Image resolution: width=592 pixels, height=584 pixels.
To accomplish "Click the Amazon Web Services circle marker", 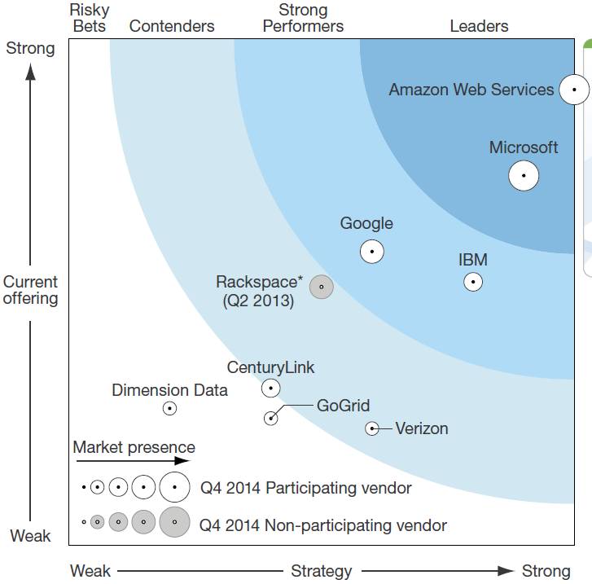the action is [x=574, y=90].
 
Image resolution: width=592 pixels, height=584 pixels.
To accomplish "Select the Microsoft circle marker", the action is [x=524, y=175].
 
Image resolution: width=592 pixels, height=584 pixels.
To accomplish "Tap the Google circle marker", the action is [x=372, y=251].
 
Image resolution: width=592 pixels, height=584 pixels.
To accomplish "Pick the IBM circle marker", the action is [x=472, y=282].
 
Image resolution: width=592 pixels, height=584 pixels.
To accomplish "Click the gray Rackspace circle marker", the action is [x=322, y=287].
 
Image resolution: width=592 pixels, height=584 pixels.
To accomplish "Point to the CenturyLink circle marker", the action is [x=270, y=388].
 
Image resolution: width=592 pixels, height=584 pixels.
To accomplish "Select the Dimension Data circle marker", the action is [x=169, y=408].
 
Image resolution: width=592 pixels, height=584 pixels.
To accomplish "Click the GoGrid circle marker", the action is [x=270, y=418].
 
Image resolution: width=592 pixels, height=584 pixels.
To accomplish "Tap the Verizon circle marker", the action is [x=372, y=428].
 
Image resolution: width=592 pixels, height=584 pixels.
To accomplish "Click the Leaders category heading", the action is [x=479, y=26].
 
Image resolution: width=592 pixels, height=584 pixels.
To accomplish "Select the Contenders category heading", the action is [x=172, y=26].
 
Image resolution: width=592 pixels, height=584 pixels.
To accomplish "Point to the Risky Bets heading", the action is [x=90, y=18].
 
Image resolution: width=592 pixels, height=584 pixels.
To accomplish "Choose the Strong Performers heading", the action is [x=303, y=18].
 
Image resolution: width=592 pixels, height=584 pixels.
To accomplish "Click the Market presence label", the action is [x=134, y=447].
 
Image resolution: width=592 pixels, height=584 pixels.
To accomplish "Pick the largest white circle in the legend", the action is [x=174, y=487].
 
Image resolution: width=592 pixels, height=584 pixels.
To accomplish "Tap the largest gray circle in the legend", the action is [x=174, y=521].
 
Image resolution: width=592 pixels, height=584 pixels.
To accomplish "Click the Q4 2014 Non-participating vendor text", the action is [x=323, y=525].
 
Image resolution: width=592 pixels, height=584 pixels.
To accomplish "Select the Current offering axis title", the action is [x=31, y=290].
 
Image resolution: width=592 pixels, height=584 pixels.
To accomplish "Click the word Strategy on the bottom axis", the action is [x=322, y=571].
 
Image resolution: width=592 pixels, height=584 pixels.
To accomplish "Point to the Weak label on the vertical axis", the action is [x=31, y=536].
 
